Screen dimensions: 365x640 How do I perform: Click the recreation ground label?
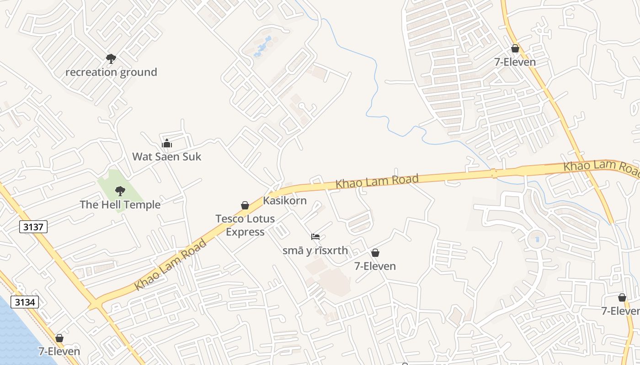pos(111,72)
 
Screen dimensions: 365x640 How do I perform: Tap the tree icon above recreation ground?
pos(111,58)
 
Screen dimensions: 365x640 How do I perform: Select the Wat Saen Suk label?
pos(166,156)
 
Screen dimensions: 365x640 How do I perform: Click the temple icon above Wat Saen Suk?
pos(166,144)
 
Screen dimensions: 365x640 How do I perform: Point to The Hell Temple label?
pos(120,204)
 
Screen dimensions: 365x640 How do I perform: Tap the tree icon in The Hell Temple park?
pos(120,191)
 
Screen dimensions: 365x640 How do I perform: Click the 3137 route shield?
pos(33,226)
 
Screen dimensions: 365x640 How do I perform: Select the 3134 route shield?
pos(25,302)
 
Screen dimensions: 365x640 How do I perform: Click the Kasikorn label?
pos(284,200)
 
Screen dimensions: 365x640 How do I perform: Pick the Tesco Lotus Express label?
pos(245,225)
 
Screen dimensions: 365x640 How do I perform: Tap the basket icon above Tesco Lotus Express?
pos(245,205)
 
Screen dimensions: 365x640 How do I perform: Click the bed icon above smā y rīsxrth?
pos(315,237)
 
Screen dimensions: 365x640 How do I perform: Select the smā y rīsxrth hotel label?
pos(315,250)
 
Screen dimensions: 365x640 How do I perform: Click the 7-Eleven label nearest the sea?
pos(59,351)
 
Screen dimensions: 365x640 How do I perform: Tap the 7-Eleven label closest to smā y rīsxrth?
pos(375,266)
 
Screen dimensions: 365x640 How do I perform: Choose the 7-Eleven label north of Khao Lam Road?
pos(515,62)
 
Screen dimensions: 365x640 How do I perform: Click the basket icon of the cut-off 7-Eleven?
pos(622,297)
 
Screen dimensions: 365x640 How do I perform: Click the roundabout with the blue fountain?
pos(537,239)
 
